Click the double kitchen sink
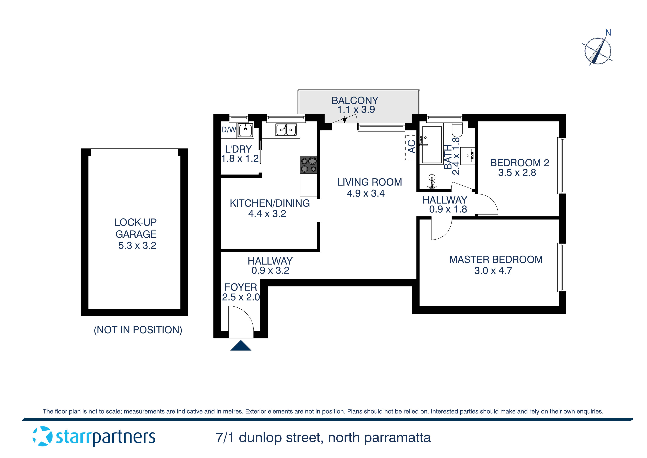(286, 130)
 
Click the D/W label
(229, 130)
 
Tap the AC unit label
(411, 147)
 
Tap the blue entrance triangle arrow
(241, 346)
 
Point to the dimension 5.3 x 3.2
(137, 245)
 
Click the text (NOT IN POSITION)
(138, 330)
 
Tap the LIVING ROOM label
(369, 182)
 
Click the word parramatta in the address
(397, 438)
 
